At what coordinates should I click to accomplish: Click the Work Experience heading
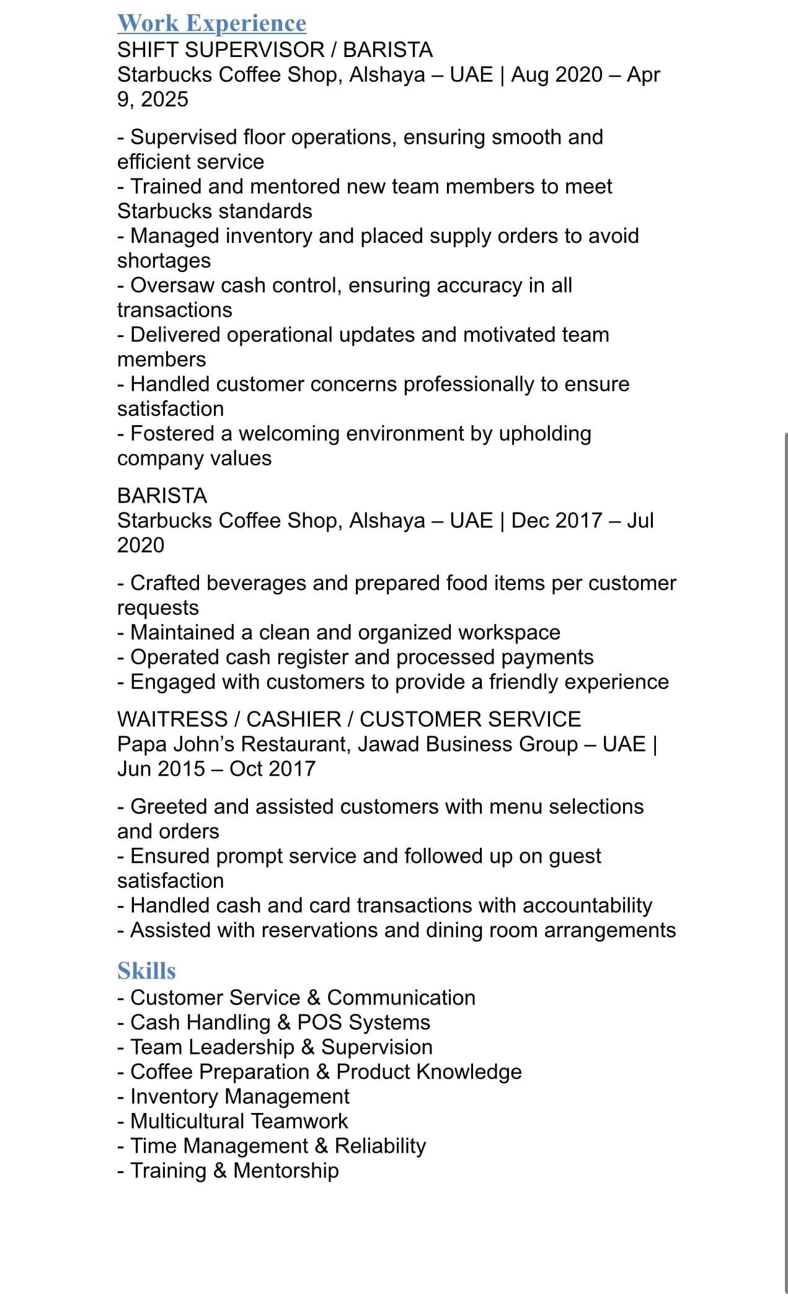pyautogui.click(x=211, y=23)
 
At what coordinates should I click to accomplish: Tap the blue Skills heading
pyautogui.click(x=146, y=970)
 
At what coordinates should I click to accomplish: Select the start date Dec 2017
pyautogui.click(x=556, y=521)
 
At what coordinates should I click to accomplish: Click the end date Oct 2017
pyautogui.click(x=272, y=768)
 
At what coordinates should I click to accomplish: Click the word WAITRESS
pyautogui.click(x=172, y=719)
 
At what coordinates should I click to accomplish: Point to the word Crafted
pyautogui.click(x=165, y=583)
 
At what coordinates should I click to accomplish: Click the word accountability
pyautogui.click(x=587, y=905)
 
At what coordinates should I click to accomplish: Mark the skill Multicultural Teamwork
pyautogui.click(x=239, y=1121)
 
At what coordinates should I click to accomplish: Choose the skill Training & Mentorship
pyautogui.click(x=234, y=1171)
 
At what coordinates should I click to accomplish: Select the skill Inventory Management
pyautogui.click(x=239, y=1096)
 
